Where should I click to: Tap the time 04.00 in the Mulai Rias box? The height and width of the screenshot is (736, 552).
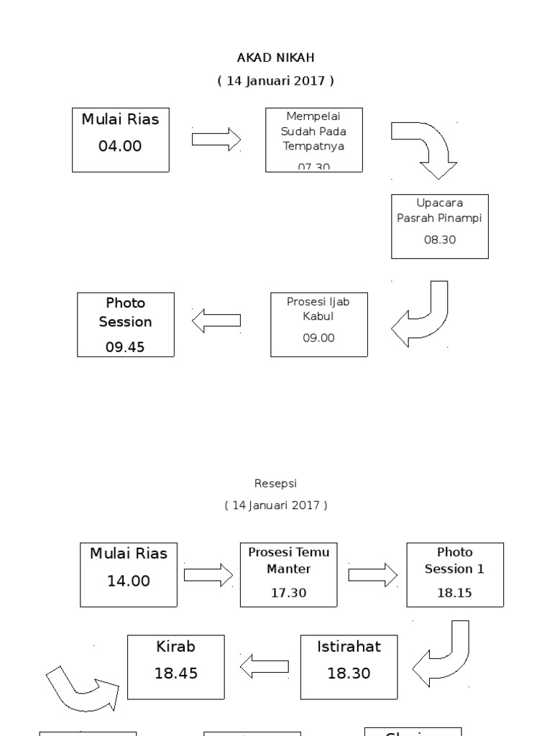pyautogui.click(x=120, y=147)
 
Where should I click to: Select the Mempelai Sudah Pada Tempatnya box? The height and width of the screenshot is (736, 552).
pyautogui.click(x=314, y=139)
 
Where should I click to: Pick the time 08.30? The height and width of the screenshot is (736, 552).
pyautogui.click(x=440, y=240)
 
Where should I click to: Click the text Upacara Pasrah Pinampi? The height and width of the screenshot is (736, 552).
pyautogui.click(x=440, y=211)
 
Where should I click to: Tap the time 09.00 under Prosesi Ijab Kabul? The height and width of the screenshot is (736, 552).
pyautogui.click(x=318, y=338)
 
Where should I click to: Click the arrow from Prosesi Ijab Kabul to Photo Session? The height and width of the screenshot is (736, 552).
pyautogui.click(x=216, y=321)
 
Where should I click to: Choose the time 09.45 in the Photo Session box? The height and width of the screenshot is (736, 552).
pyautogui.click(x=125, y=347)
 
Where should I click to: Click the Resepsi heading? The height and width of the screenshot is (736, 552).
pyautogui.click(x=276, y=484)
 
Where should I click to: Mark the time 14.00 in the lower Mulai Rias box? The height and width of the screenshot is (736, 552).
pyautogui.click(x=129, y=581)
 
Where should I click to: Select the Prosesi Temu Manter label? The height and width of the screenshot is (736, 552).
pyautogui.click(x=287, y=561)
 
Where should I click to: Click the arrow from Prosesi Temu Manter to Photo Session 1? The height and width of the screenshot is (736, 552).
pyautogui.click(x=373, y=574)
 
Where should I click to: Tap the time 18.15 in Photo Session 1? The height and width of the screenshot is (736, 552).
pyautogui.click(x=454, y=593)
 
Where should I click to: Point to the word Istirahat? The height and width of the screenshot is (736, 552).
pyautogui.click(x=349, y=646)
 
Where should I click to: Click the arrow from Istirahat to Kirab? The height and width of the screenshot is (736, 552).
pyautogui.click(x=264, y=667)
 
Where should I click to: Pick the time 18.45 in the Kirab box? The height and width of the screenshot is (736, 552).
pyautogui.click(x=176, y=673)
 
